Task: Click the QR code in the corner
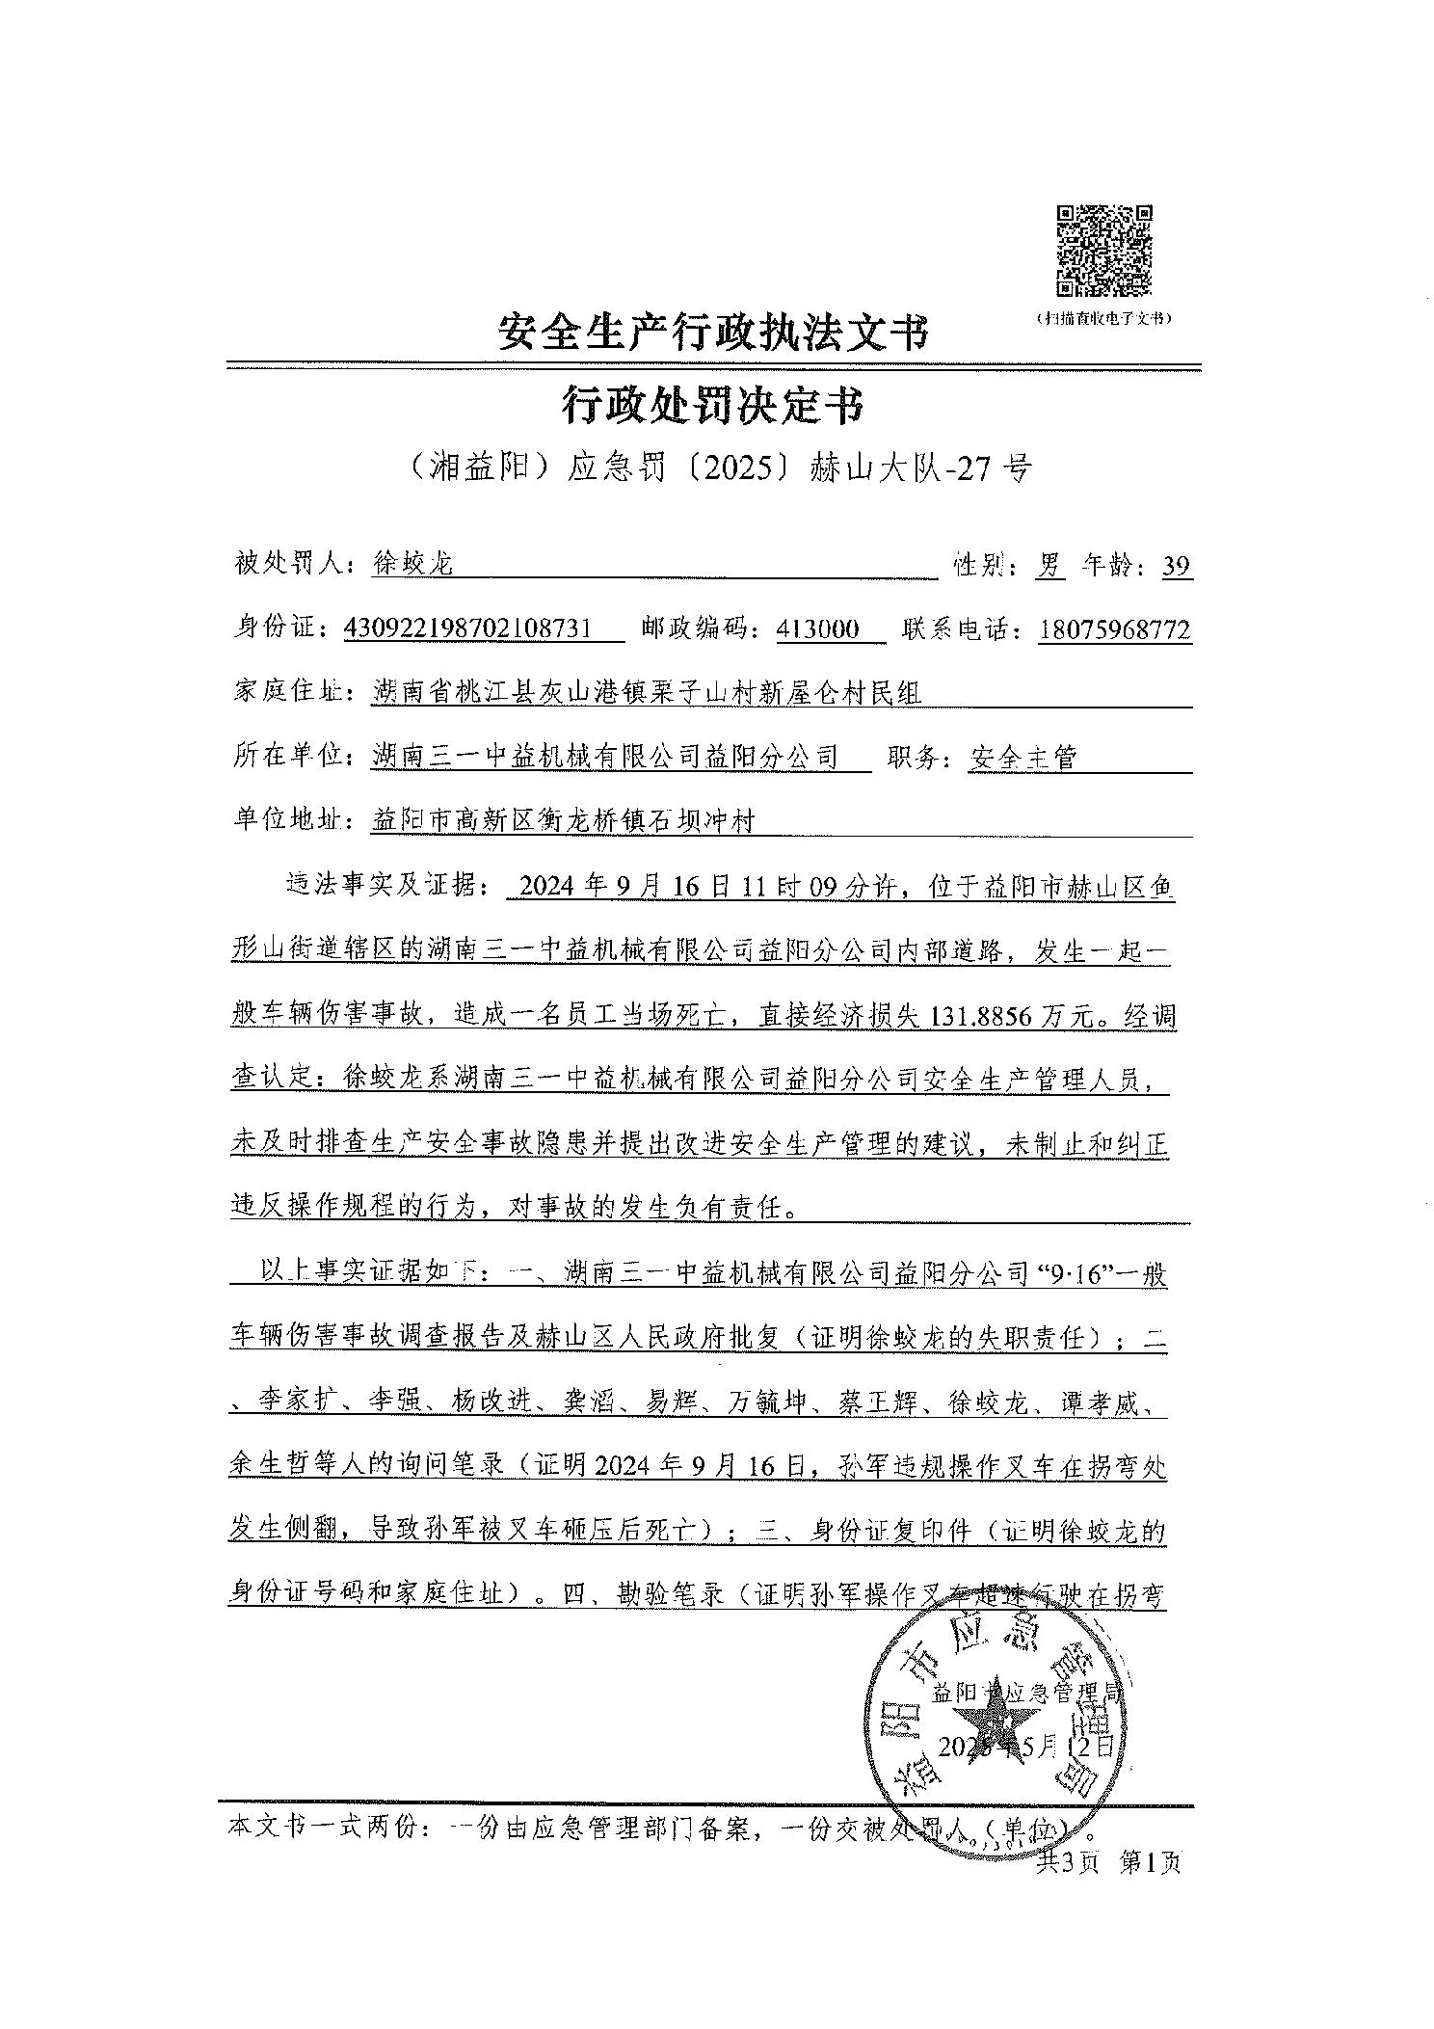click(1104, 251)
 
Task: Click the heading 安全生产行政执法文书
click(714, 334)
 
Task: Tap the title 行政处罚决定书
click(713, 407)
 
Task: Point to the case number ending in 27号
click(715, 468)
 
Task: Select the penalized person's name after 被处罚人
click(412, 564)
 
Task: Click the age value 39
click(1176, 566)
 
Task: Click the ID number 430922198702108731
click(481, 629)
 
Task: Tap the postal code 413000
click(817, 629)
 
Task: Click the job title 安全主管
click(1022, 758)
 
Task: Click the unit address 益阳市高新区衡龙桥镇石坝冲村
click(563, 821)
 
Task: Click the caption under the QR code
click(1102, 317)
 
